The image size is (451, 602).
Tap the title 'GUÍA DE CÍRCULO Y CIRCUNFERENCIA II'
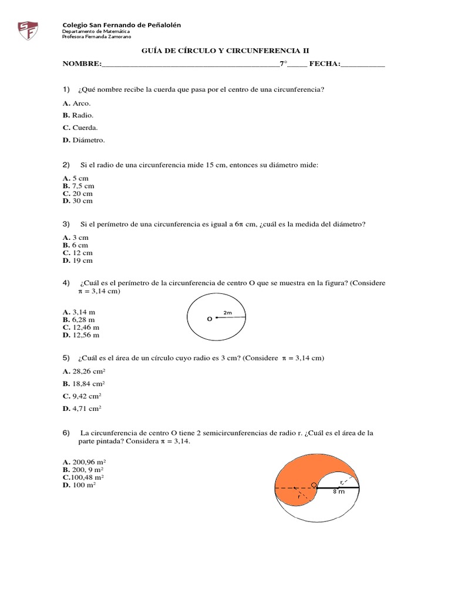225,51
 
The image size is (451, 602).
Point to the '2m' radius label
228,312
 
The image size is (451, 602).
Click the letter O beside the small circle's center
208,319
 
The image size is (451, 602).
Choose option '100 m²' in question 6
79,486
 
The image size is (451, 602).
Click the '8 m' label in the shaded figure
339,492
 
